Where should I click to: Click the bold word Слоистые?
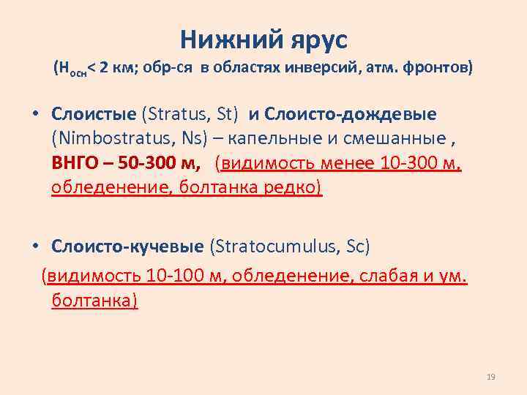coord(94,114)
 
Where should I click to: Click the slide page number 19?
coord(491,377)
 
